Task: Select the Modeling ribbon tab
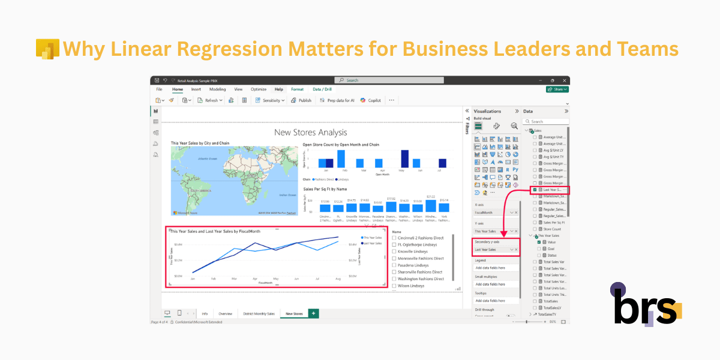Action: tap(217, 89)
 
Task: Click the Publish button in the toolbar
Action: tap(302, 100)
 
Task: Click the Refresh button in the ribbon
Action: tap(210, 100)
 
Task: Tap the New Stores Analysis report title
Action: tap(310, 132)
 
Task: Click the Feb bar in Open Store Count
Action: tap(341, 159)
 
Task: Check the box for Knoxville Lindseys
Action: tap(394, 251)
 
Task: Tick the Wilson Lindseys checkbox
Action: tap(394, 286)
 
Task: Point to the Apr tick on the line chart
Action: tap(255, 279)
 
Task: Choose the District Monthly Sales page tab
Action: tap(259, 314)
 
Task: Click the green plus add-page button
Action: tap(313, 313)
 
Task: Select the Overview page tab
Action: tap(226, 314)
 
